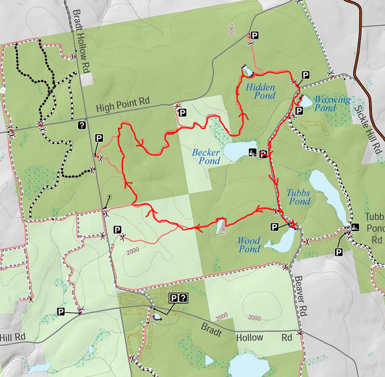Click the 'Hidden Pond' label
[260, 91]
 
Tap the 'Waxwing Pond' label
[332, 104]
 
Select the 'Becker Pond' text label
[206, 156]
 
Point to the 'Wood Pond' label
[250, 245]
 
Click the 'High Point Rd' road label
[123, 108]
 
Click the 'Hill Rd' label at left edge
[12, 337]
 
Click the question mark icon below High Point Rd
[82, 125]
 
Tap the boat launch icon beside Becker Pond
[252, 153]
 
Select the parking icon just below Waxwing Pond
[299, 111]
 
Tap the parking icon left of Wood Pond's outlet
[274, 227]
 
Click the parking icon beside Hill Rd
[61, 311]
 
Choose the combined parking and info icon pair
[178, 299]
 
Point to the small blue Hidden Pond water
[247, 70]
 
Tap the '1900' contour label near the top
[232, 29]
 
